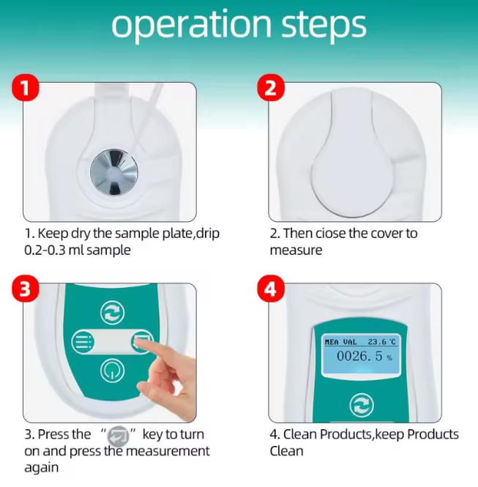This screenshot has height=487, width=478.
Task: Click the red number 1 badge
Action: [26, 87]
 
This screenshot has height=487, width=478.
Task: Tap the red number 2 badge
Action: [271, 87]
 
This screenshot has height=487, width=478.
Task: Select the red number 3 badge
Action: [26, 289]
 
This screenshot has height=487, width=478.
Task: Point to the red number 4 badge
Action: [271, 289]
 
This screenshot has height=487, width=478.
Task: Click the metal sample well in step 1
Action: [114, 172]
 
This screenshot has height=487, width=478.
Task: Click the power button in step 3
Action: [112, 371]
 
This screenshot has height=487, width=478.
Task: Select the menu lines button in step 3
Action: [83, 342]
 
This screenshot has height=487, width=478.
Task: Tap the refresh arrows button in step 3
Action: [112, 313]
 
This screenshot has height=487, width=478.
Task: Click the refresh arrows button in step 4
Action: [362, 405]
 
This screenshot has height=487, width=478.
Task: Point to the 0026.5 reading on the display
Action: [359, 356]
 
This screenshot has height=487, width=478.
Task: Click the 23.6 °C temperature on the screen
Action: [382, 342]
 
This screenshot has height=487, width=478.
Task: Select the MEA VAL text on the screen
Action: [340, 342]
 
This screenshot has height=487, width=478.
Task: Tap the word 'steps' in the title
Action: [324, 25]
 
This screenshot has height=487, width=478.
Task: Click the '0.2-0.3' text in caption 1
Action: [45, 250]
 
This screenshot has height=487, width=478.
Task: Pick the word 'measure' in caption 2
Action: [296, 250]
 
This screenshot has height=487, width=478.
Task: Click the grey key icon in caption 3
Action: [118, 436]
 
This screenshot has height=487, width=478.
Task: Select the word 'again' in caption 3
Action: [41, 468]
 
